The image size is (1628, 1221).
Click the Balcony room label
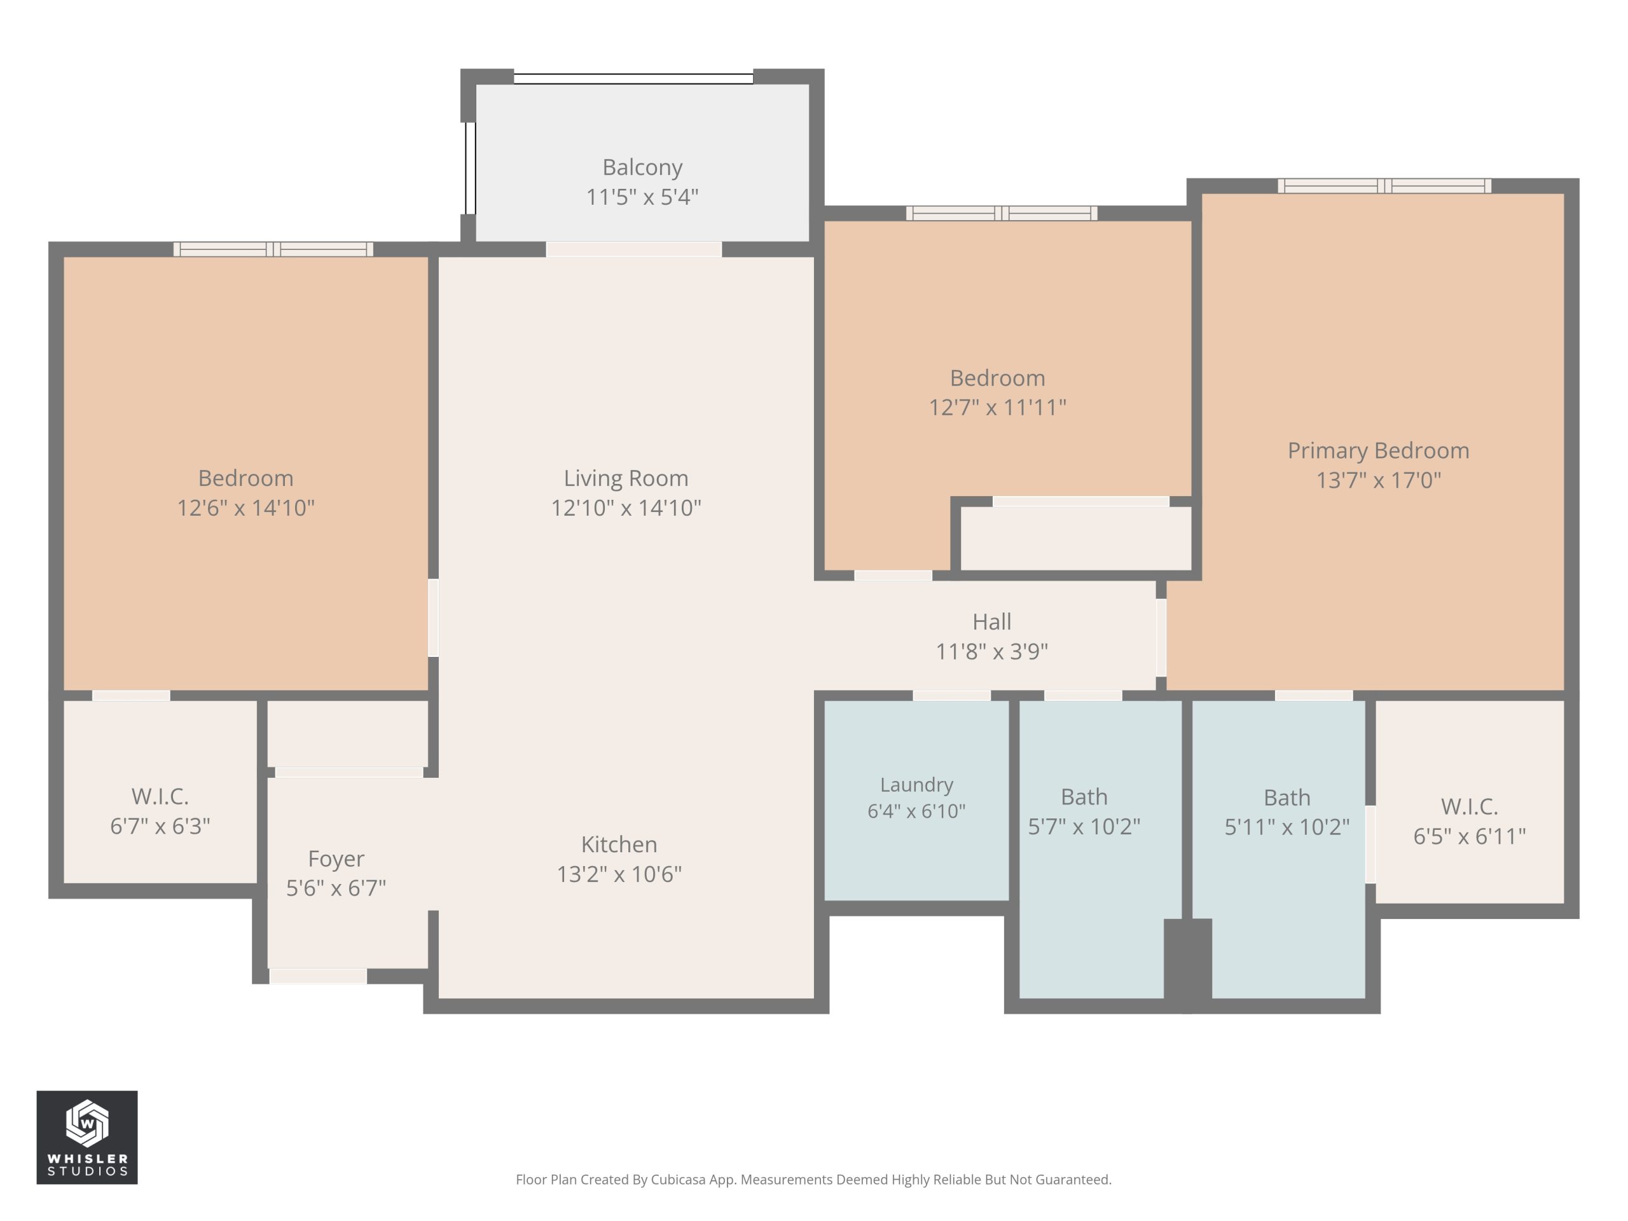(642, 168)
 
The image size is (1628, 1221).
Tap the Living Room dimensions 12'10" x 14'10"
(626, 508)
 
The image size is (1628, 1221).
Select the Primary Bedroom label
(1378, 450)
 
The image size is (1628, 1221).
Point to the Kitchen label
(619, 844)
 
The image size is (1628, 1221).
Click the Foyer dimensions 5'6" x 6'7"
(336, 888)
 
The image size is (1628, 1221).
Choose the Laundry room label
(916, 785)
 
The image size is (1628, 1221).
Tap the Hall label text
(991, 622)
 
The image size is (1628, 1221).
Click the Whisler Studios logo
(87, 1137)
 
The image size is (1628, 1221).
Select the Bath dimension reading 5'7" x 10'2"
(1084, 827)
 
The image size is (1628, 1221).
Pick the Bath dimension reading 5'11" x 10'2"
(1287, 827)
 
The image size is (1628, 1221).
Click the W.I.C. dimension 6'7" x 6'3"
(160, 827)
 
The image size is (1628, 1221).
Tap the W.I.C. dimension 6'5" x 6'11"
(1469, 836)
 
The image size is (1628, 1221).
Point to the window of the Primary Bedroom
(1384, 186)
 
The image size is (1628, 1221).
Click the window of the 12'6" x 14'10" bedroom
(273, 249)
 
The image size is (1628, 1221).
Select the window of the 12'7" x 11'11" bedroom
(1002, 214)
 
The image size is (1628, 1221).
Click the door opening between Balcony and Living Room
(633, 249)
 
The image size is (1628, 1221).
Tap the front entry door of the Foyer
(318, 977)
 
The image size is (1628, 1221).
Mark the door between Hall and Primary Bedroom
(1161, 637)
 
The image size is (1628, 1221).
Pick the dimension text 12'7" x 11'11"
(997, 408)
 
